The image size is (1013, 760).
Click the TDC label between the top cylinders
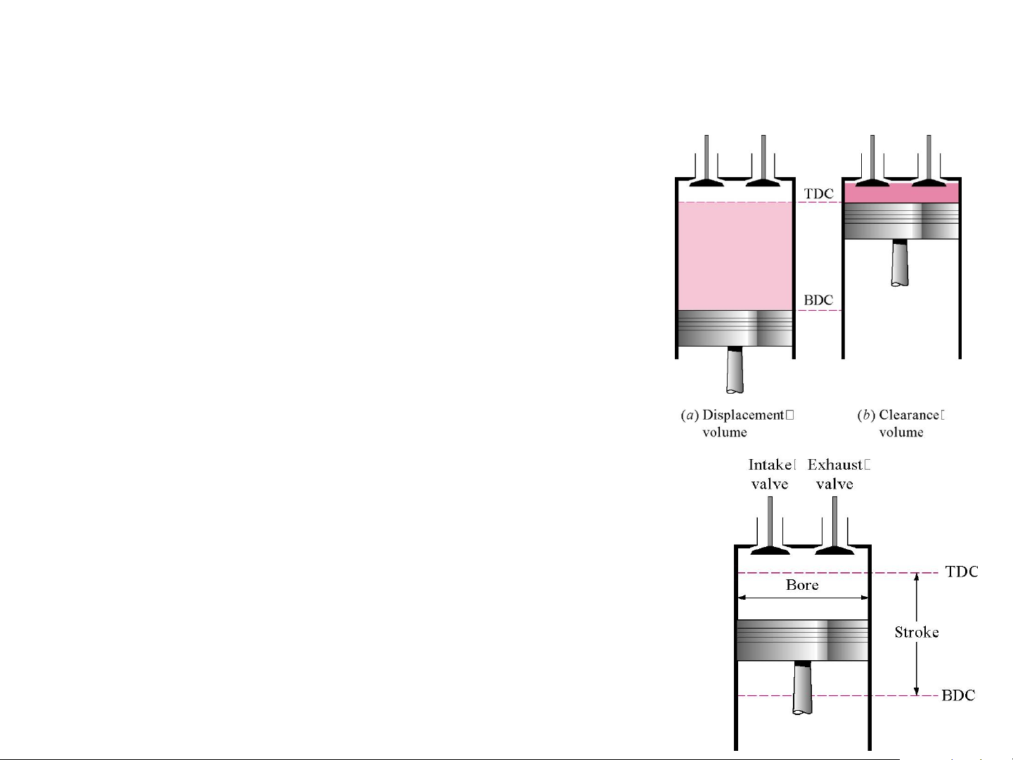(x=818, y=193)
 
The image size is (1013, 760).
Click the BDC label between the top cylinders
(x=818, y=300)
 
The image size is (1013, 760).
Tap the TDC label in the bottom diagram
(x=961, y=572)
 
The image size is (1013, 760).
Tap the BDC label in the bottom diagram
(x=958, y=695)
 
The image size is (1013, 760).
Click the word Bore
(x=802, y=585)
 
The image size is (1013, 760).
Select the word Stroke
(x=916, y=632)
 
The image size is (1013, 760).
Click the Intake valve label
(x=770, y=474)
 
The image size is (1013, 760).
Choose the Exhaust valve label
(x=837, y=474)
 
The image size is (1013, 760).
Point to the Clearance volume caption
(x=901, y=423)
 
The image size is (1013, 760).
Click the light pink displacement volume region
(x=735, y=256)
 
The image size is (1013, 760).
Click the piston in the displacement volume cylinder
(x=735, y=328)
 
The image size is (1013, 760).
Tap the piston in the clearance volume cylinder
(x=901, y=221)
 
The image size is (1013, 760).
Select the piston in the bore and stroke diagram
(x=802, y=640)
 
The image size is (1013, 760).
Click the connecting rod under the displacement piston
(x=735, y=371)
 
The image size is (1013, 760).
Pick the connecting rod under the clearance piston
(x=900, y=264)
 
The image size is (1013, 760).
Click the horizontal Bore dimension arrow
(x=802, y=598)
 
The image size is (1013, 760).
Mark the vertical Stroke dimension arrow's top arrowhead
(x=916, y=577)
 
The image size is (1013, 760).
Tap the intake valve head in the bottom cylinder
(x=770, y=549)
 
